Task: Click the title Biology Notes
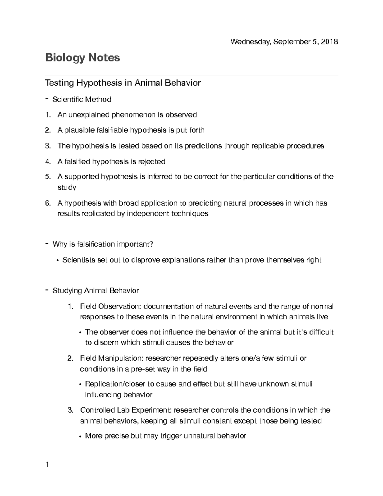(82, 58)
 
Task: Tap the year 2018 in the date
(330, 42)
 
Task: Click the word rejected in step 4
(151, 162)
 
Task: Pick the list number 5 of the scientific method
(48, 177)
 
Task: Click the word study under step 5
(67, 187)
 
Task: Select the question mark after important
(151, 244)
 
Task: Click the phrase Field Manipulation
(112, 358)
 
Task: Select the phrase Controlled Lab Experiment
(126, 410)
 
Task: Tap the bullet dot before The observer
(80, 333)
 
